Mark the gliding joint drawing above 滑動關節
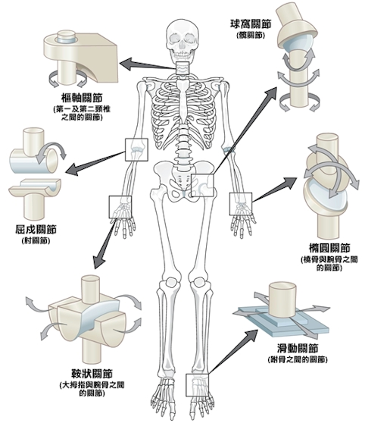click(284, 307)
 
